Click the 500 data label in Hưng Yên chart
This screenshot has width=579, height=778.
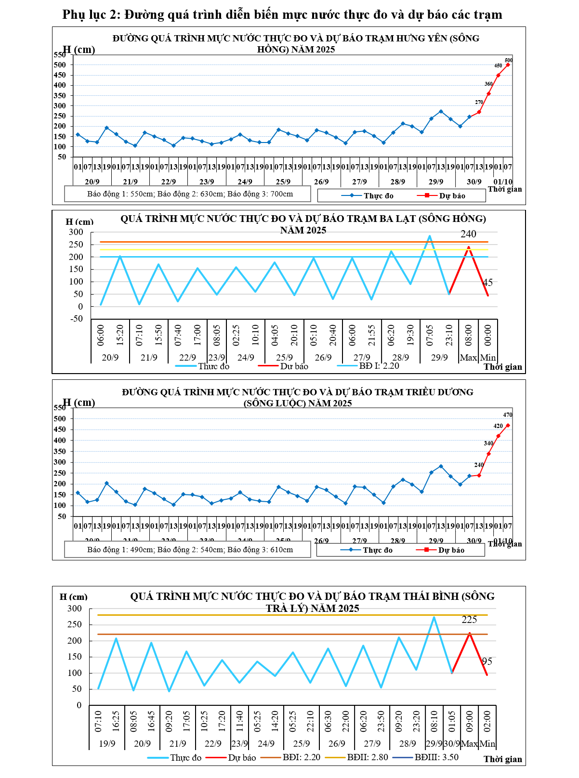tap(509, 60)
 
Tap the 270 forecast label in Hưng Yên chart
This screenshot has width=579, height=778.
tap(479, 102)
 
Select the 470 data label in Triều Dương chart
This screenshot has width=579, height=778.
tap(508, 415)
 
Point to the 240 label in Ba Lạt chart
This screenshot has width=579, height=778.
tap(468, 234)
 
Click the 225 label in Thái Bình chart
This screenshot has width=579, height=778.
tap(469, 620)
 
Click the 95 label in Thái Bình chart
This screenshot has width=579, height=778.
tap(487, 661)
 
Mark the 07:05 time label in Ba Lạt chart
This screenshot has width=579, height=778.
tap(430, 335)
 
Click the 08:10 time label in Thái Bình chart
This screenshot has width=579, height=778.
tap(434, 721)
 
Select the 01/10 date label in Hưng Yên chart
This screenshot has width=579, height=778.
tap(503, 182)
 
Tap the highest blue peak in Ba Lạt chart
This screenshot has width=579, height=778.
tap(430, 236)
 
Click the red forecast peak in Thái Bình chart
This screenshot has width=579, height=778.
tap(469, 633)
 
